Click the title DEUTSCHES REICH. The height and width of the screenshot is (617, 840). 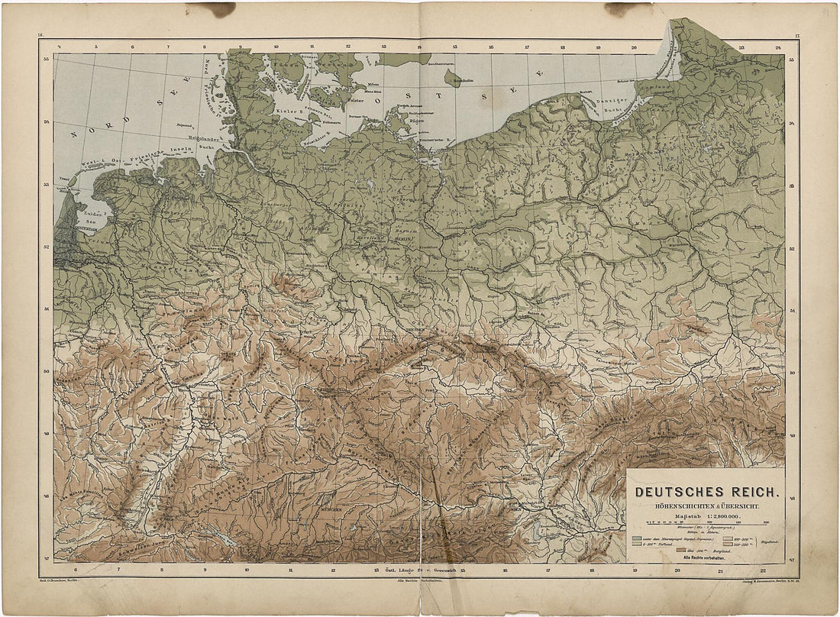pyautogui.click(x=704, y=493)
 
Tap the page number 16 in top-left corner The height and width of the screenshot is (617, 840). pyautogui.click(x=42, y=36)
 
